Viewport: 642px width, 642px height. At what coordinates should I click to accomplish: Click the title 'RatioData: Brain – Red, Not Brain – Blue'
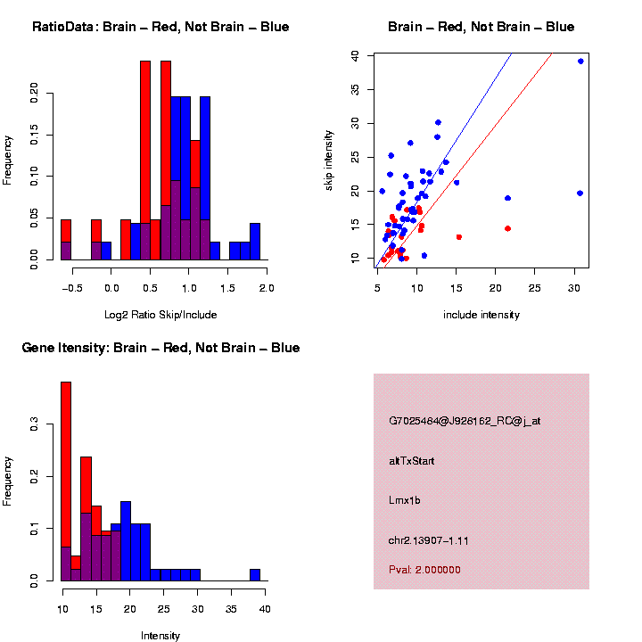[160, 28]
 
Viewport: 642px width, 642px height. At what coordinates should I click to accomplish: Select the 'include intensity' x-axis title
[481, 315]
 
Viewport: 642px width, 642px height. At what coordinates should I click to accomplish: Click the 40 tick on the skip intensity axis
[356, 55]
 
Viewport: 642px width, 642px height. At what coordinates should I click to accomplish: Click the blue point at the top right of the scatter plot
[580, 62]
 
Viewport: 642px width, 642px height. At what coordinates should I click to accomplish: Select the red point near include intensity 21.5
[507, 228]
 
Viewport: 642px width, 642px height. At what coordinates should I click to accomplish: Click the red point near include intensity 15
[458, 237]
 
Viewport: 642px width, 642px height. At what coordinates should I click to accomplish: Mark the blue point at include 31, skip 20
[580, 193]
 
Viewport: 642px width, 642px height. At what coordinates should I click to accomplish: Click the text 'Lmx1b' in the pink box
[405, 500]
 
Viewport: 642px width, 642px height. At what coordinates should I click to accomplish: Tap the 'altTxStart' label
[412, 461]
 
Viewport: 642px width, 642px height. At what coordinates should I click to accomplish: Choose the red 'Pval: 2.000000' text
[424, 570]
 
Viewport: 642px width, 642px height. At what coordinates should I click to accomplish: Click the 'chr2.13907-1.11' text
[429, 540]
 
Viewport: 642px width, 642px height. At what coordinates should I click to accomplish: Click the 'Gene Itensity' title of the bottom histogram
[160, 348]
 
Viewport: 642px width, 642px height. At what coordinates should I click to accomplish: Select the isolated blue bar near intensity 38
[255, 574]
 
